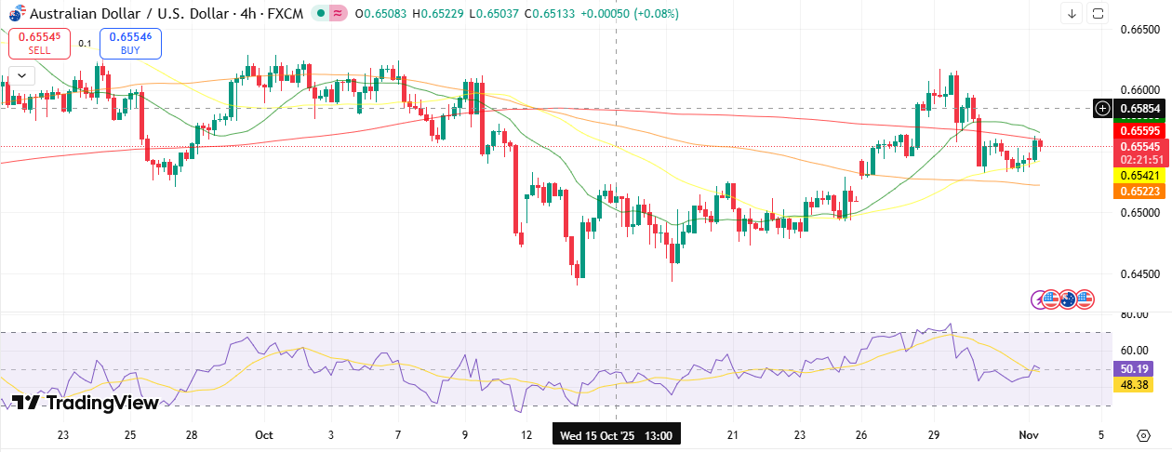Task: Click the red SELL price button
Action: coord(39,43)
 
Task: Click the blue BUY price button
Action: coord(130,43)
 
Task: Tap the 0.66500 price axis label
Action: coord(1139,30)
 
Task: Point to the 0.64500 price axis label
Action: coord(1139,274)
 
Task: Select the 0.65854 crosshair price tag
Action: coord(1139,108)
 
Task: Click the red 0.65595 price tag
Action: coord(1139,131)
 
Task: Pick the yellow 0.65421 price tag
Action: coord(1139,175)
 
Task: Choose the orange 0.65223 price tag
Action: coord(1139,191)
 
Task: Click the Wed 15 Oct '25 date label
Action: coord(616,435)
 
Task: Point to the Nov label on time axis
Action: coord(1028,435)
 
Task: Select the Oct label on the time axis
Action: coord(263,435)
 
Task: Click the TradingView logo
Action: coord(84,403)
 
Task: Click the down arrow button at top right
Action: coord(1072,13)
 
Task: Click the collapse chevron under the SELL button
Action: coord(20,75)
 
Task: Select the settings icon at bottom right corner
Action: coord(1143,435)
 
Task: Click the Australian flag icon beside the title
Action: coord(16,14)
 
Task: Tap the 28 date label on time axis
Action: coord(192,435)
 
